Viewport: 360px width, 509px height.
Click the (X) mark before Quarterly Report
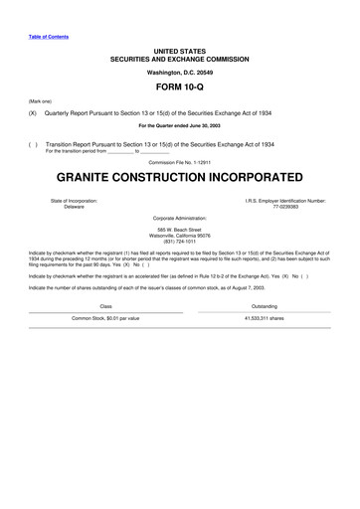click(33, 113)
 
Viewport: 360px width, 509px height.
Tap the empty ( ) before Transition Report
click(33, 143)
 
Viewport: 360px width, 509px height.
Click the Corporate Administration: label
click(179, 217)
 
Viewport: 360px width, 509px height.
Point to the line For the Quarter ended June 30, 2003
click(179, 127)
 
